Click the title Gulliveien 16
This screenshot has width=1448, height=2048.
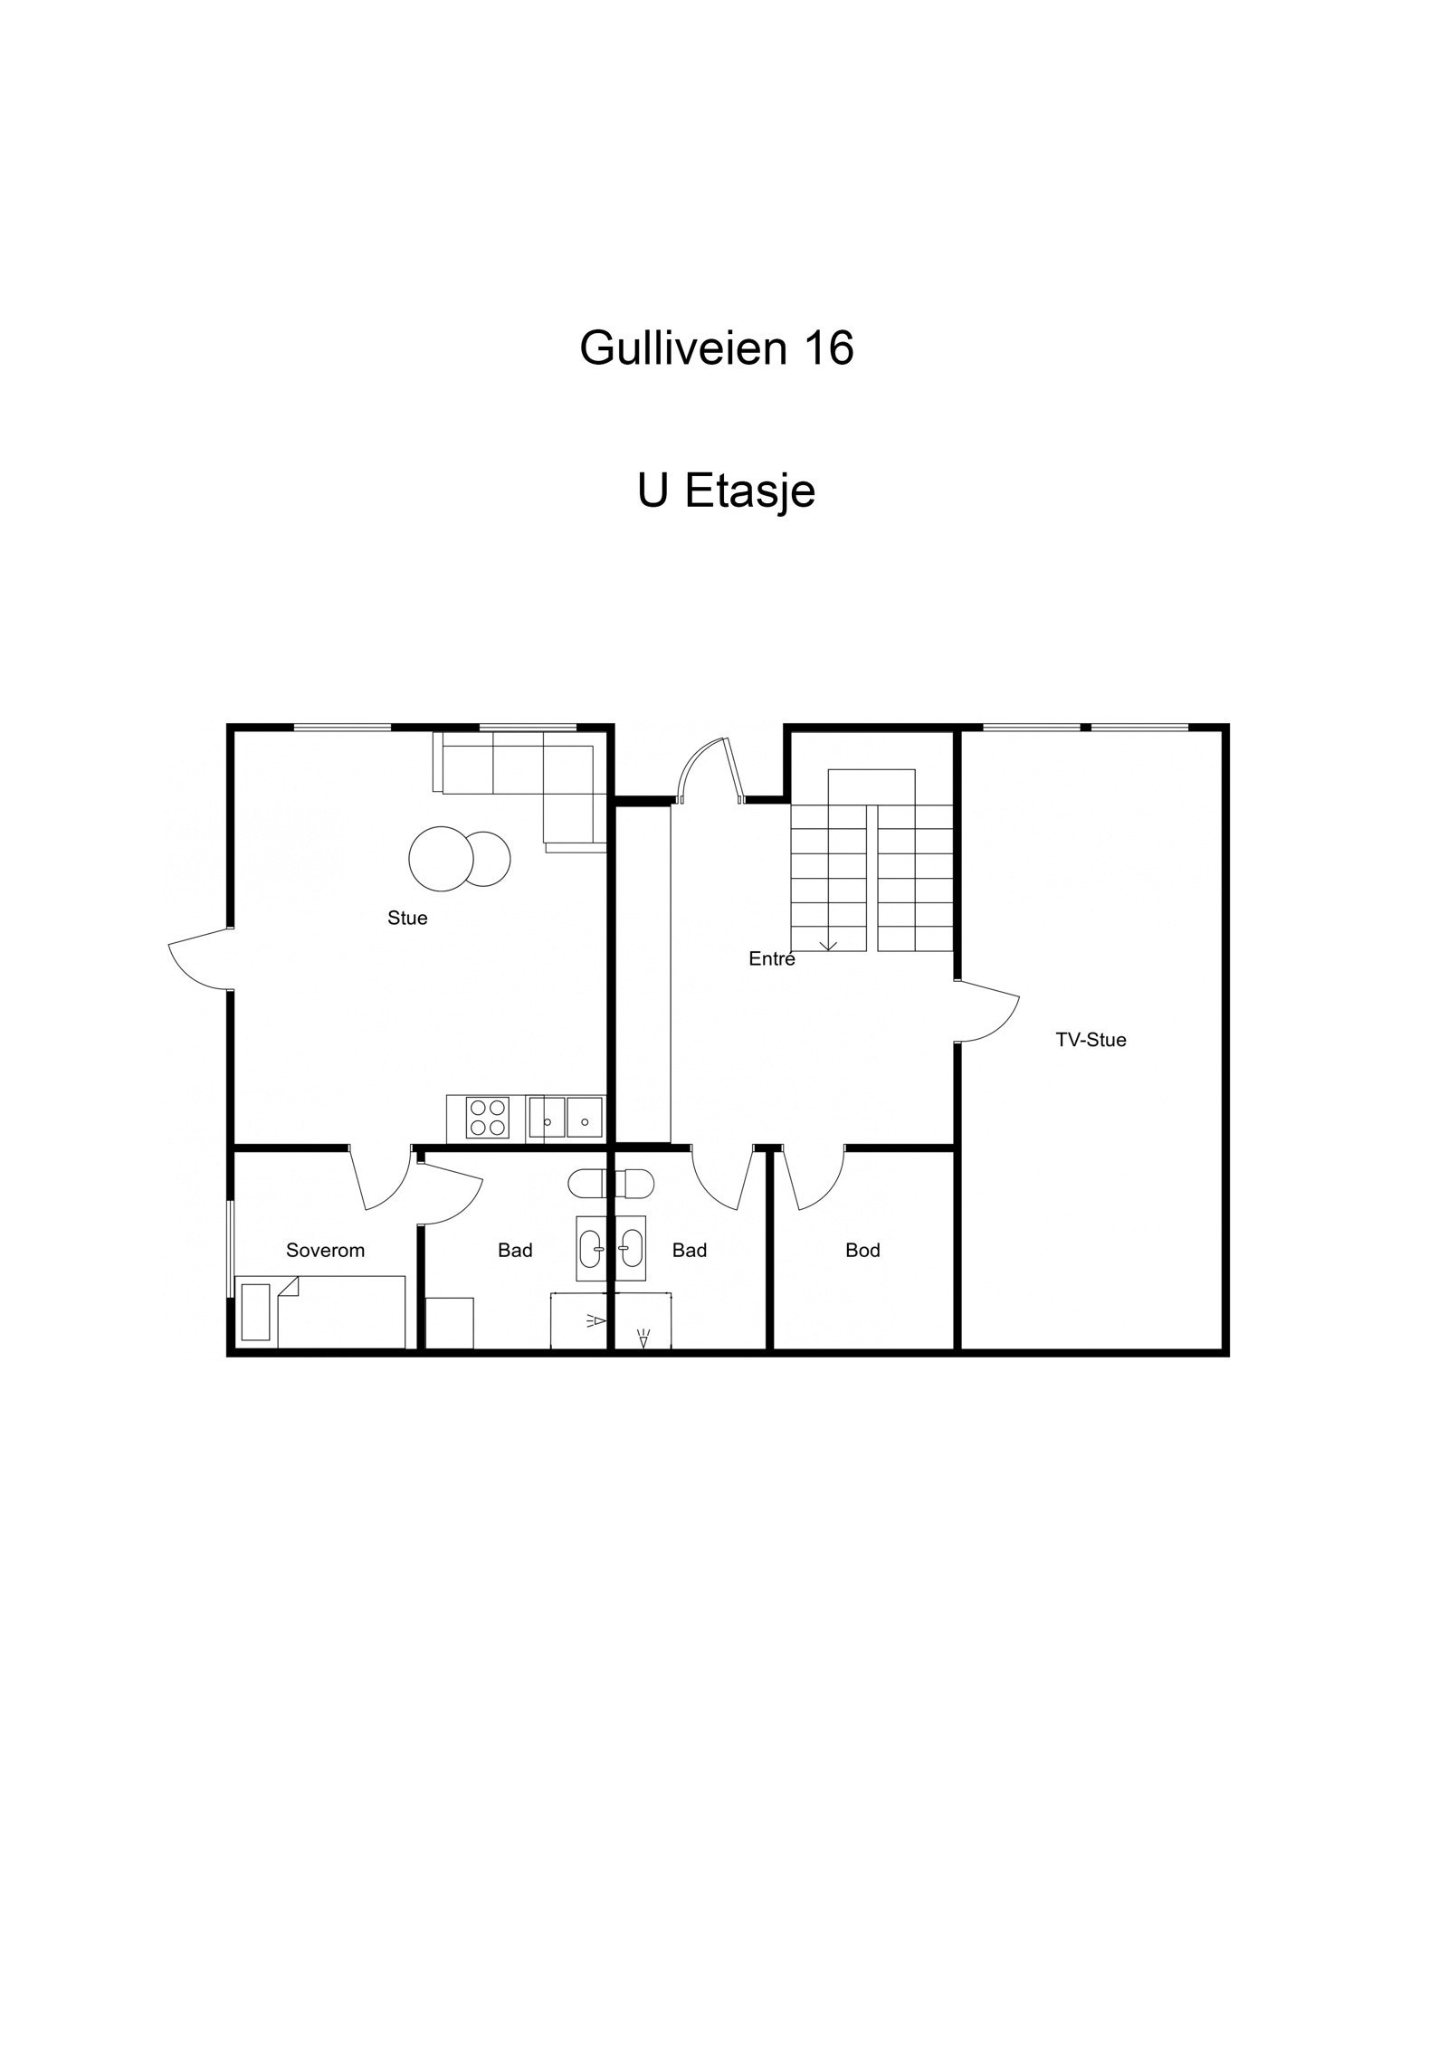click(x=716, y=348)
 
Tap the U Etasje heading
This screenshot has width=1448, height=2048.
click(x=726, y=491)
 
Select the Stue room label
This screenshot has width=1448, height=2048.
click(x=407, y=918)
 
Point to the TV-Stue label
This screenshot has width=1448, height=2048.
click(x=1091, y=1040)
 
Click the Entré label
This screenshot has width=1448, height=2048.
click(x=771, y=959)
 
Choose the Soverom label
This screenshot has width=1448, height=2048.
click(x=325, y=1251)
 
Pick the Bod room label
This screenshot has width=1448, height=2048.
click(x=862, y=1251)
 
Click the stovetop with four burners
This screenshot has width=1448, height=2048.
click(x=488, y=1117)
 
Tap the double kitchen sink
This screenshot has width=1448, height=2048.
click(x=567, y=1117)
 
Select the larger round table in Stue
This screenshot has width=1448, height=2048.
click(x=441, y=859)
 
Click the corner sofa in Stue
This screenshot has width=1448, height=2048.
click(x=543, y=778)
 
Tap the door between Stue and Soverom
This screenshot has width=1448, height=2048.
click(x=381, y=1178)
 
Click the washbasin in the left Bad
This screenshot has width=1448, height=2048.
click(x=592, y=1248)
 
